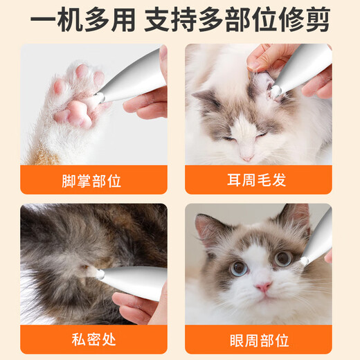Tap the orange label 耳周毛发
click(x=258, y=181)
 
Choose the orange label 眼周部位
click(x=258, y=340)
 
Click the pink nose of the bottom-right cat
click(x=262, y=286)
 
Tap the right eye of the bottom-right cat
click(x=283, y=258)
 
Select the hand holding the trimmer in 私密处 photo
click(x=138, y=305)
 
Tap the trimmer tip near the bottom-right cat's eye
click(x=304, y=260)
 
